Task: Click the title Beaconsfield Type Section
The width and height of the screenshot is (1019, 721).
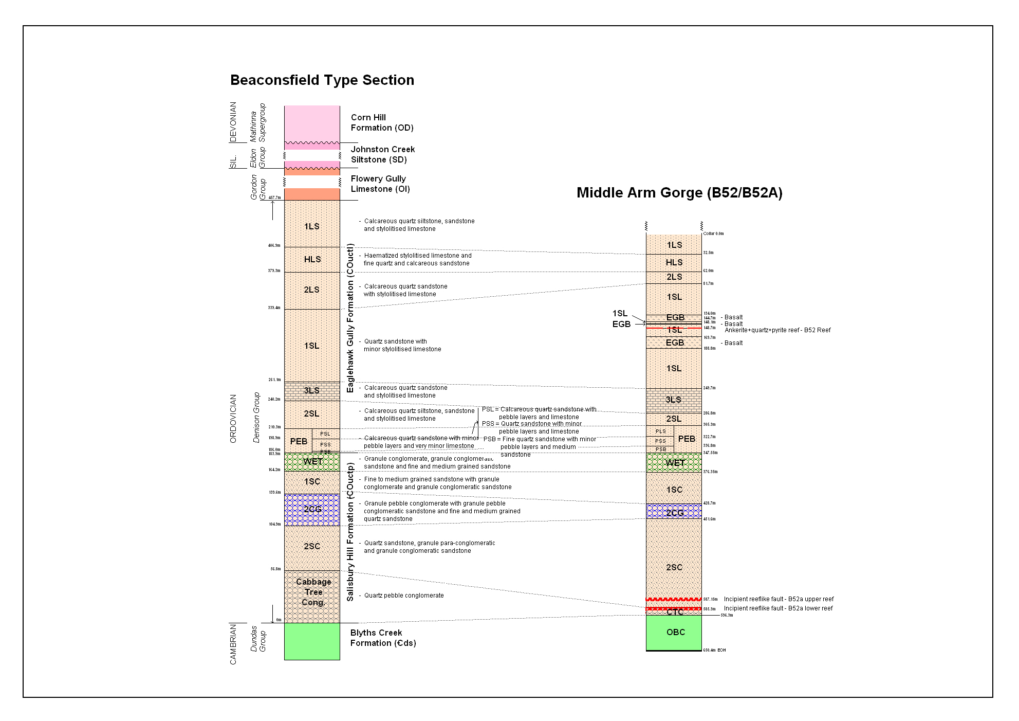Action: (x=322, y=80)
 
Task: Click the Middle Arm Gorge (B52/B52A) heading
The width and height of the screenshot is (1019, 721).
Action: (x=679, y=193)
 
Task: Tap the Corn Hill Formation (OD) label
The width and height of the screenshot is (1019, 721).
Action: (x=382, y=123)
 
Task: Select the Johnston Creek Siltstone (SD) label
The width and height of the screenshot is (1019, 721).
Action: (x=382, y=154)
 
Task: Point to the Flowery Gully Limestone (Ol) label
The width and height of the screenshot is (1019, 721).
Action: (x=380, y=184)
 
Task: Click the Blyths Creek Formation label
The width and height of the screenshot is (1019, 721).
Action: (x=383, y=638)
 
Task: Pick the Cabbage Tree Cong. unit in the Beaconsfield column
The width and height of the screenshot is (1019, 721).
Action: (x=313, y=592)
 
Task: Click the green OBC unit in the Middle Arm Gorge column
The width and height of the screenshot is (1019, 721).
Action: (x=675, y=632)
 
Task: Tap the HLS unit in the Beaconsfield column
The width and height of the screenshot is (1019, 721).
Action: (x=312, y=259)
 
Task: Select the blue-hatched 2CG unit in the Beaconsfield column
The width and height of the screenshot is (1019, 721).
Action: (x=312, y=509)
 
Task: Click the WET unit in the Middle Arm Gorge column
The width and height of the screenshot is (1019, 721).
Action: (x=674, y=462)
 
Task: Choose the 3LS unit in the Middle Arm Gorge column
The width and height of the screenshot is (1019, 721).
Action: (x=673, y=400)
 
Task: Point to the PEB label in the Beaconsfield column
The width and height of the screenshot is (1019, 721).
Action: (x=299, y=441)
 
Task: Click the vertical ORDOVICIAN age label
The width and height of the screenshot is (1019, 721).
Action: (x=233, y=419)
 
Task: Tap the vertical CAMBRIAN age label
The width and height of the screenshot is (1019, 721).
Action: (x=233, y=644)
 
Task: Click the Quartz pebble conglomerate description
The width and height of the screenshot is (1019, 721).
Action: (x=403, y=596)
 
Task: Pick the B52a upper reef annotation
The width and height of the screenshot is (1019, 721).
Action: (x=778, y=599)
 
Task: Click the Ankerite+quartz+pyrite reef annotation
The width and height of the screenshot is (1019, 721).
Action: (x=777, y=330)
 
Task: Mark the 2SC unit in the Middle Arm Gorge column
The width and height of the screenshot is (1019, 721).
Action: (x=674, y=567)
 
